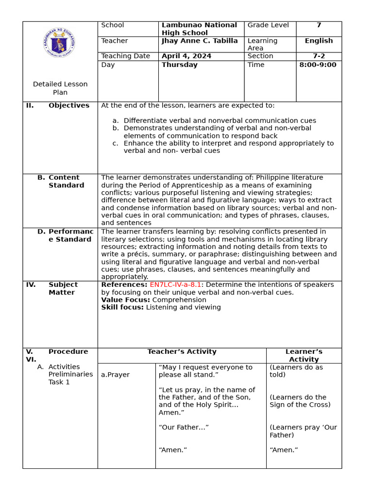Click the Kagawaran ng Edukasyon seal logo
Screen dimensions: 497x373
click(x=59, y=44)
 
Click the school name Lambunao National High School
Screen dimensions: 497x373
click(x=199, y=29)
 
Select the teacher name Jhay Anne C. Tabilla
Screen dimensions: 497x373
click(x=200, y=41)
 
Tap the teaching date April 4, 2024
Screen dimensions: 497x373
click(x=186, y=56)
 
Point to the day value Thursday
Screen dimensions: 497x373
click(x=179, y=65)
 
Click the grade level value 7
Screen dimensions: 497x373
click(x=319, y=25)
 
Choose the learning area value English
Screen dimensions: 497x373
click(x=319, y=41)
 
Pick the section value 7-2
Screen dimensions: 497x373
click(x=319, y=56)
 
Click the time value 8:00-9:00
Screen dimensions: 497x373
click(x=318, y=65)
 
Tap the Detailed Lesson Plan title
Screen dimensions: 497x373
click(x=60, y=88)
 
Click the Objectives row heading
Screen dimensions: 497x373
click(x=69, y=106)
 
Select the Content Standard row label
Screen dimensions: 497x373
click(x=67, y=182)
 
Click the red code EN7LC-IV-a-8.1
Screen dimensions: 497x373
click(x=175, y=285)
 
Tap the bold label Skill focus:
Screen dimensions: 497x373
click(x=122, y=307)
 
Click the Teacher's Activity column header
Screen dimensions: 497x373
click(x=182, y=352)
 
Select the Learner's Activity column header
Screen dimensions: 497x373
click(x=304, y=355)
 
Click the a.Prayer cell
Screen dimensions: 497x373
click(x=115, y=375)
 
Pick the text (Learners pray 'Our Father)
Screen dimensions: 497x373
click(x=303, y=431)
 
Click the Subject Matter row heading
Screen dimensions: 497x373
click(x=63, y=288)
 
